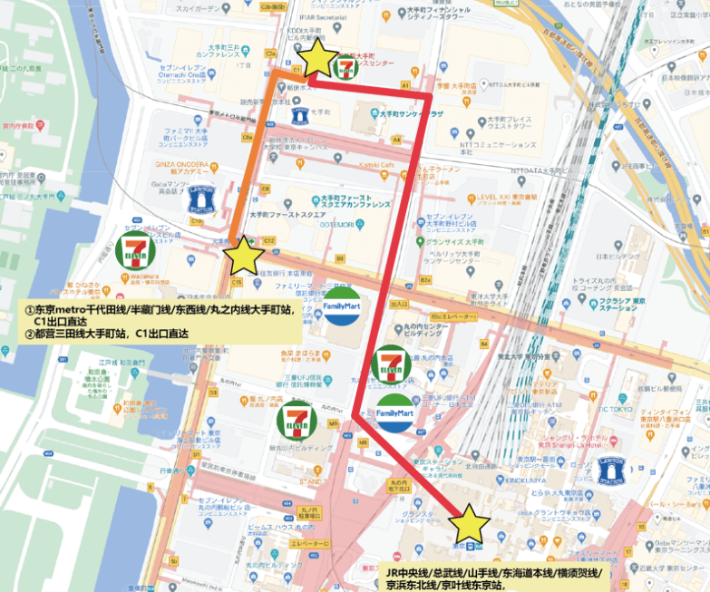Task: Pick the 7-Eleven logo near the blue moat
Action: click(x=133, y=248)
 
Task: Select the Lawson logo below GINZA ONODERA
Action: click(x=201, y=200)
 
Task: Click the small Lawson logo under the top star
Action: click(x=300, y=115)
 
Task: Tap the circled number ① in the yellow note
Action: click(x=29, y=309)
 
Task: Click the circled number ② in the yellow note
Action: click(x=29, y=334)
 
